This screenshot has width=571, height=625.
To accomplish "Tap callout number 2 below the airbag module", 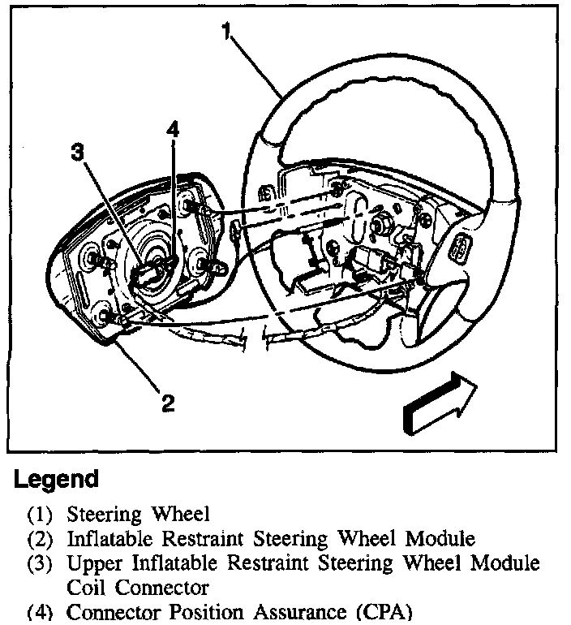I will tap(167, 403).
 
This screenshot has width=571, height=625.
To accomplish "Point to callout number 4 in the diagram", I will tap(173, 130).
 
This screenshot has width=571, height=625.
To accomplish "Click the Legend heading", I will tap(56, 479).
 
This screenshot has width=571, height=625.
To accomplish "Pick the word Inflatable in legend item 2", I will tap(106, 538).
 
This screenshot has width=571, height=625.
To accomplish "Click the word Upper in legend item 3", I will tap(89, 562).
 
